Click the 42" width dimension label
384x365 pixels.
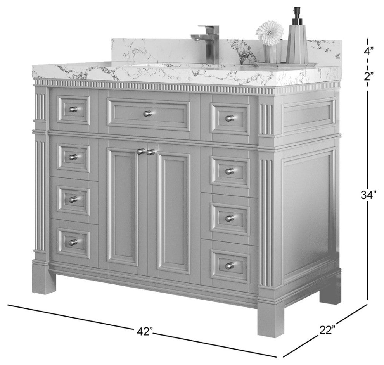click(145, 332)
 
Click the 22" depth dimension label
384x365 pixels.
click(327, 329)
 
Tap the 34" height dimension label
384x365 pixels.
click(368, 195)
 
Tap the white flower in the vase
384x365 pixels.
click(270, 33)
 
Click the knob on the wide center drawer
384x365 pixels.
click(147, 114)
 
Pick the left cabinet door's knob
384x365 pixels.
click(140, 152)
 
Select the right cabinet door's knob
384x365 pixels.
click(150, 152)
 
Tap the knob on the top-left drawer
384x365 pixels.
click(73, 109)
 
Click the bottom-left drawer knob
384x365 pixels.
click(73, 242)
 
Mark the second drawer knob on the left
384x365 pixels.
click(73, 157)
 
